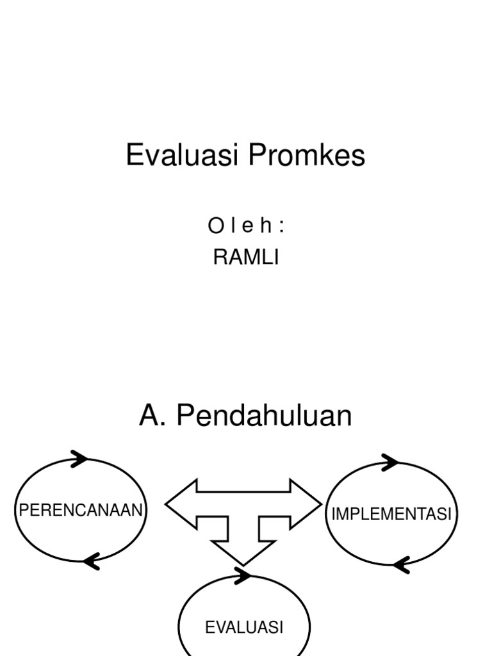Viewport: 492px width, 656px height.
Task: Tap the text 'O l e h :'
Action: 245,226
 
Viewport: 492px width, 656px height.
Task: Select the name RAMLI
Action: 246,258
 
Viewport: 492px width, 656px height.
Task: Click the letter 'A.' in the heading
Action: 153,416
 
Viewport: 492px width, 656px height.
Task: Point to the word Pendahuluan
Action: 264,416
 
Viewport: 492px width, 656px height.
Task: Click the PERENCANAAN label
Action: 81,511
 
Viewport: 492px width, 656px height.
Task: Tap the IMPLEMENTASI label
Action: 391,514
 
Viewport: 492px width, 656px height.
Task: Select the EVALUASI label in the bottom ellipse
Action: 244,628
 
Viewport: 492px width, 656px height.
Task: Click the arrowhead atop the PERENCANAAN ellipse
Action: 79,458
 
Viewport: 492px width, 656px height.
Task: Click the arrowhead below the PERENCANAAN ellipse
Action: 92,561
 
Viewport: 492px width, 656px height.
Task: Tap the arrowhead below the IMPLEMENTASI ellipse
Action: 401,564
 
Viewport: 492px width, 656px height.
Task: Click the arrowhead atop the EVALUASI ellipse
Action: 243,575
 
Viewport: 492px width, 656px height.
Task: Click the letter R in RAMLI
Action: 219,258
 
